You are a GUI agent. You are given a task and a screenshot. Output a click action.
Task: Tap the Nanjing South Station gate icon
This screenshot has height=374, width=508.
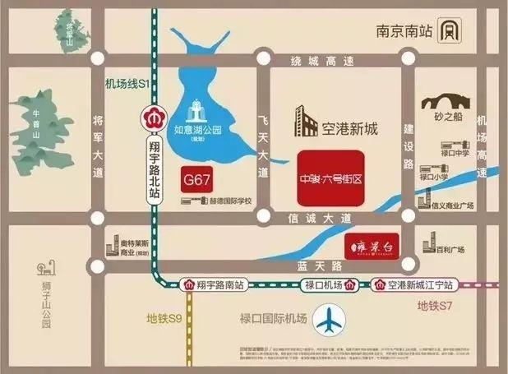(448, 32)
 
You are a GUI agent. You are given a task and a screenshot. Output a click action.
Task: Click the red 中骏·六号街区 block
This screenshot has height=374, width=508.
(330, 176)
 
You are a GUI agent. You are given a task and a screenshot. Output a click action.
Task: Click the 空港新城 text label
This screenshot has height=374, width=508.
(349, 128)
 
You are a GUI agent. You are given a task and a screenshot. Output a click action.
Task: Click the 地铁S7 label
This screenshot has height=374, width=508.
(436, 307)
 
